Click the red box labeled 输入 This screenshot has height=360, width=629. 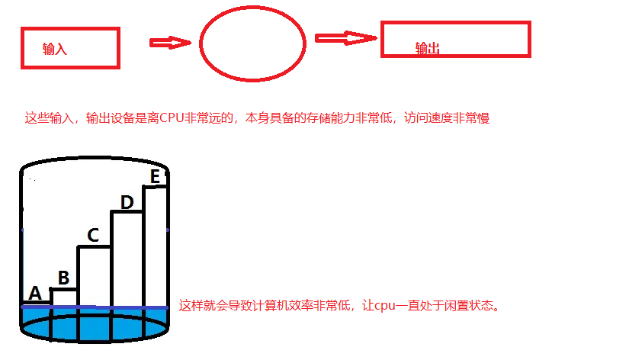[x=70, y=47]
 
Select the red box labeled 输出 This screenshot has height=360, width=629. [x=455, y=39]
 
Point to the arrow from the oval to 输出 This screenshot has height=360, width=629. [x=346, y=37]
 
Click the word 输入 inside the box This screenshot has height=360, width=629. [x=56, y=50]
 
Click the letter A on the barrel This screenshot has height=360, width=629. [x=34, y=293]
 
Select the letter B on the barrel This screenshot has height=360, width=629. [x=63, y=277]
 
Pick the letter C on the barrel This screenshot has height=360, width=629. [x=93, y=236]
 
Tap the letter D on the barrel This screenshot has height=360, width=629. [x=127, y=202]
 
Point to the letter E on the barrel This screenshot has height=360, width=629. [x=155, y=177]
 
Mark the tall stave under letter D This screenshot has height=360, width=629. [x=127, y=259]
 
